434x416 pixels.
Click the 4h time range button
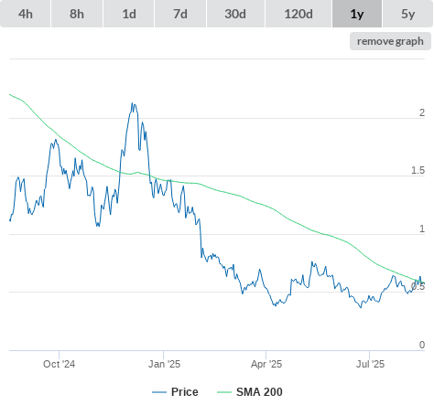coord(26,14)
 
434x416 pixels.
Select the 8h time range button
coord(77,14)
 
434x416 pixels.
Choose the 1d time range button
coord(129,14)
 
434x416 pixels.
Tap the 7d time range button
coord(180,14)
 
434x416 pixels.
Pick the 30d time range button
coord(235,14)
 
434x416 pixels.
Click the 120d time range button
coord(298,14)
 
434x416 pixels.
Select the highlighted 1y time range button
coord(357,14)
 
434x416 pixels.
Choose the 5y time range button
coord(408,14)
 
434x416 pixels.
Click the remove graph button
coord(390,41)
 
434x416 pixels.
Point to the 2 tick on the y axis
coord(422,112)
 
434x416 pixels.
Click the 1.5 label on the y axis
coord(418,170)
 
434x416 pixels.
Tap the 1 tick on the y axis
coord(422,229)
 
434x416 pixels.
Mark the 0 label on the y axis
coord(422,345)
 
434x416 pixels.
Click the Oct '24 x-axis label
coord(59,364)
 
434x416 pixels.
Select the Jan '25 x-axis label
coord(164,364)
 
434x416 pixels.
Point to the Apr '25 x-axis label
coord(266,364)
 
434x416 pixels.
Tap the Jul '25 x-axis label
coord(370,364)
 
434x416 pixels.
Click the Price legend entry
coord(175,392)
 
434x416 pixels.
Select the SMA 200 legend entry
coord(250,392)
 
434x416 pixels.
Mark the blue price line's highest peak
coord(132,103)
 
